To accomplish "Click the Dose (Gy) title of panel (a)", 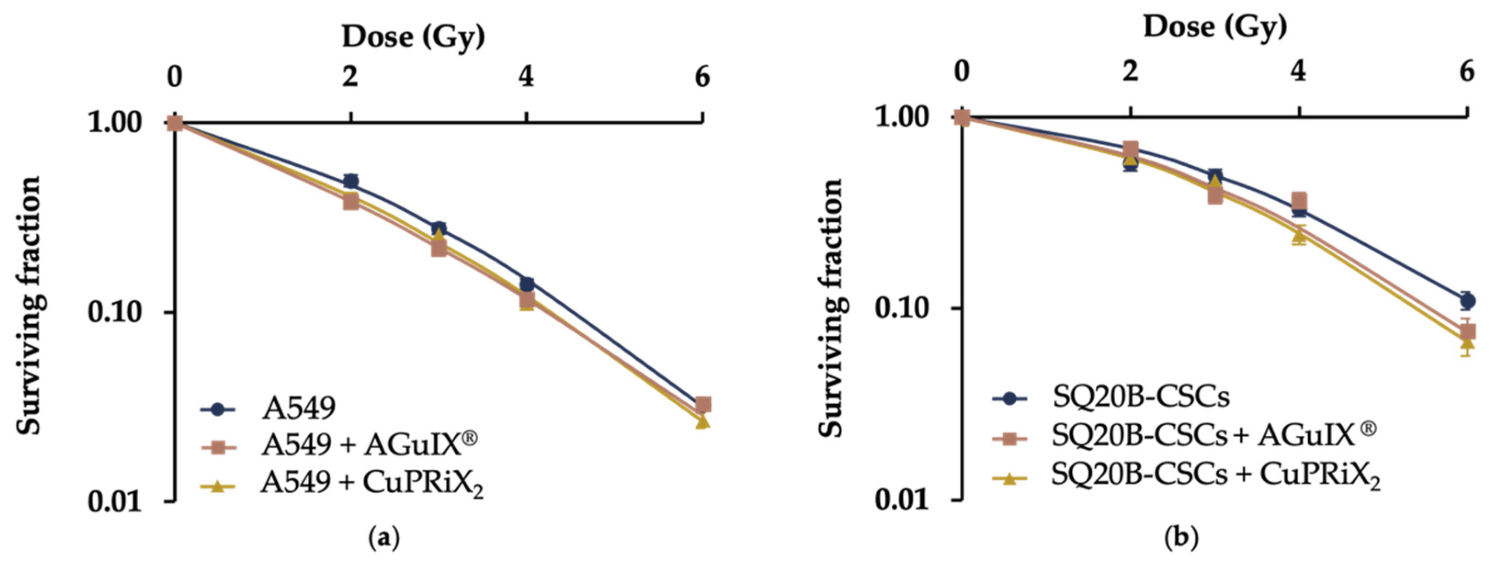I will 413,37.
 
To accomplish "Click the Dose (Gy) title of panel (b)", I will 1215,27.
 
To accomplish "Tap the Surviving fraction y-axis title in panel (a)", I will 29,305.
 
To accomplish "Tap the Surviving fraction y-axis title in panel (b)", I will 832,308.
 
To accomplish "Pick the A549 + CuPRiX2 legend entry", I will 371,482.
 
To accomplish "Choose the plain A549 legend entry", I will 299,409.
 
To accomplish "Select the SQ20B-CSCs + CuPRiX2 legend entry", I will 1215,475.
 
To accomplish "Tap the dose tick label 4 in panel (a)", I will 526,77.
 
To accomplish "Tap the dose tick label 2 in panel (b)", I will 1129,72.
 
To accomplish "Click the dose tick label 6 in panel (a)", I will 702,77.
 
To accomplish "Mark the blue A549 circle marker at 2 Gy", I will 351,181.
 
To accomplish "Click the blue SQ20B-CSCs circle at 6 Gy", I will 1467,300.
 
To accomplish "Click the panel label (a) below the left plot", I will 385,539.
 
